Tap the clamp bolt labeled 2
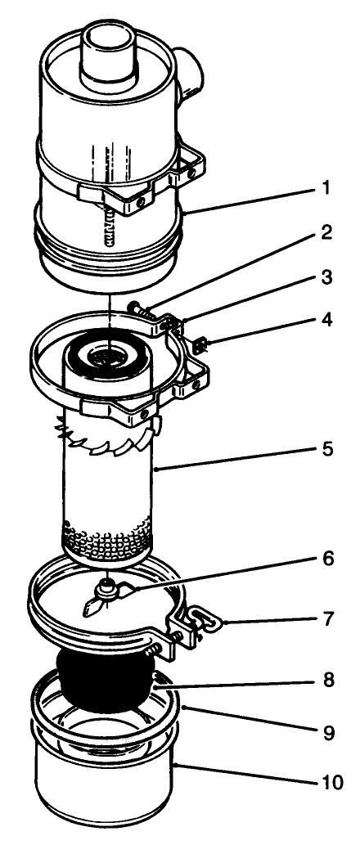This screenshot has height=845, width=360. tap(140, 310)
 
